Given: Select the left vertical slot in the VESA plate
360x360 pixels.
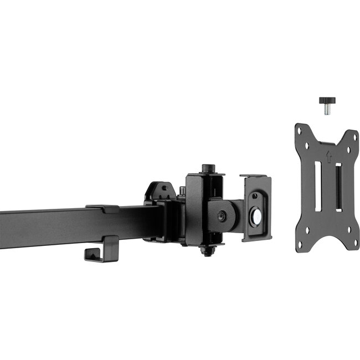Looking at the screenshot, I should (317, 186).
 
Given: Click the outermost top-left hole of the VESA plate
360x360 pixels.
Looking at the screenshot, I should (299, 131).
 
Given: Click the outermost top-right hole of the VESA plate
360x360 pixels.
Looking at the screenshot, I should (352, 135).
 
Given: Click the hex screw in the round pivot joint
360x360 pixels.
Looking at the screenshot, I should (222, 215).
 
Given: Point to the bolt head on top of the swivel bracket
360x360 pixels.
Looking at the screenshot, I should (208, 167).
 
